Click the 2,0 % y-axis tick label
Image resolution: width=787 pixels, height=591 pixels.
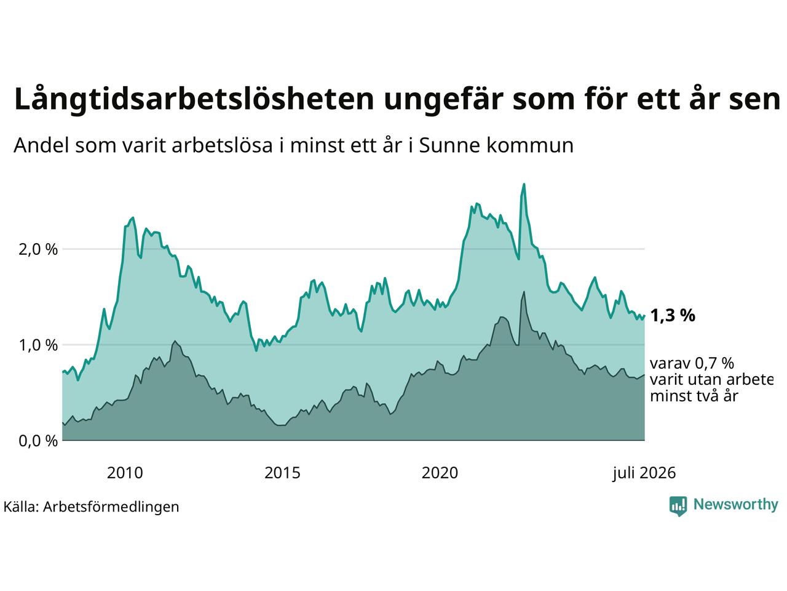tap(38, 249)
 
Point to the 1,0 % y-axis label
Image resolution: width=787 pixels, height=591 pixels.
tap(38, 345)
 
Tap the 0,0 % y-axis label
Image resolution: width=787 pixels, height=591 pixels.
tap(38, 441)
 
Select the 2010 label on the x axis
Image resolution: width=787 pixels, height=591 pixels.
tap(125, 473)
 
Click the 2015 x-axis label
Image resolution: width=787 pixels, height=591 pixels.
tap(282, 473)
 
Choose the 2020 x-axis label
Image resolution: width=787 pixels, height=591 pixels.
tap(440, 473)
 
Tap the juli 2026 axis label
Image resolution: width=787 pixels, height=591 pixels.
tap(644, 473)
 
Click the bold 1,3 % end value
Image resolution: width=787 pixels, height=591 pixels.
tap(673, 316)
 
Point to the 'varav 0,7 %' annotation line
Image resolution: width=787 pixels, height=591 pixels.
tap(692, 363)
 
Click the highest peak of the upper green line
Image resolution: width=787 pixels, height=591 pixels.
tap(524, 184)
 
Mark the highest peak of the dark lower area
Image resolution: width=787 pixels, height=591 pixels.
tap(524, 292)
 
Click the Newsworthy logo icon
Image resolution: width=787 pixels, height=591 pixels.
tap(678, 506)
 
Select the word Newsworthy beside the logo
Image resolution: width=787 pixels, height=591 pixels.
tap(736, 505)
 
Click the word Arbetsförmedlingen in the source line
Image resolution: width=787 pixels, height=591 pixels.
tap(111, 507)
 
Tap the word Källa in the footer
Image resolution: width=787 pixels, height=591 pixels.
tap(21, 506)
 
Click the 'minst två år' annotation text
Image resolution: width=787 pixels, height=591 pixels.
tap(694, 396)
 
